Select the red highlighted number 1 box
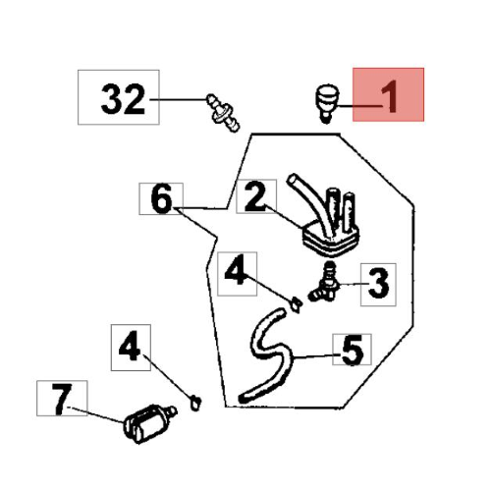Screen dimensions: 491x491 [x=388, y=94]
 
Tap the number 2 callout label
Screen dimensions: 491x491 [x=256, y=196]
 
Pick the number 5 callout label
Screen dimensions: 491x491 [x=352, y=350]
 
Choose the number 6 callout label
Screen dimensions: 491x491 [x=161, y=198]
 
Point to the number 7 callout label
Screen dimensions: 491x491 [x=62, y=398]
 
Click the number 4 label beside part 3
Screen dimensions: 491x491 [x=237, y=274]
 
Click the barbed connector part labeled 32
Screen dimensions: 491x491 [x=223, y=113]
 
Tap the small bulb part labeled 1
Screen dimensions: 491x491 [x=326, y=103]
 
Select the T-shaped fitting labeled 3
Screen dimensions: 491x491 [x=324, y=283]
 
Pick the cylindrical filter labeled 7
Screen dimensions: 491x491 [x=149, y=423]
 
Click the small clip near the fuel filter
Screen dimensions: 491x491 [x=195, y=403]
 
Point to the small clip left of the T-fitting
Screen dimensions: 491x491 [x=296, y=304]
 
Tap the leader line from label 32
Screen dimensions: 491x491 [x=179, y=99]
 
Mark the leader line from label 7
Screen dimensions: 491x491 [x=97, y=414]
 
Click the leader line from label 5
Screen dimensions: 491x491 [x=314, y=356]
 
